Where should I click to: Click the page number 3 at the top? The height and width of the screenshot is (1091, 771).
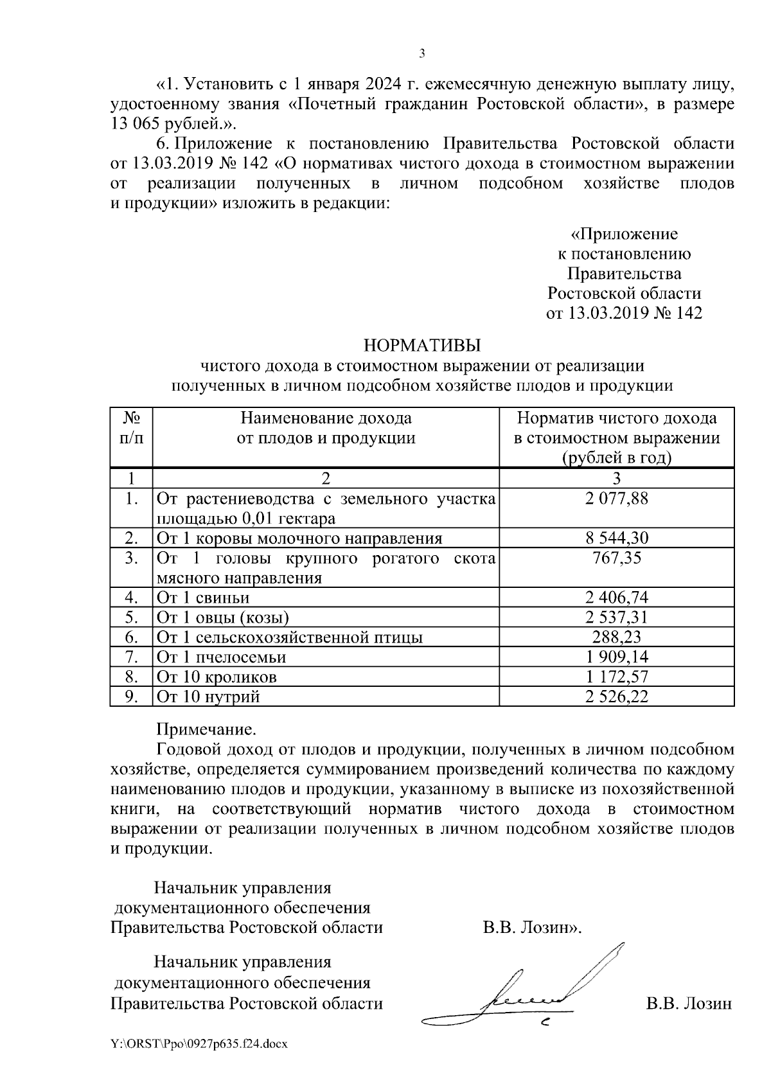coord(421,53)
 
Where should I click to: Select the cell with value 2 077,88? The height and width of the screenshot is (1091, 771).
coord(616,499)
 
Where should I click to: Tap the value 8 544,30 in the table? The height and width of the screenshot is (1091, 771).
coord(616,538)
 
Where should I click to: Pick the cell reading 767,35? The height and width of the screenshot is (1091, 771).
coord(616,558)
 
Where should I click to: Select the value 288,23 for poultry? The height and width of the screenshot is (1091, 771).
coord(616,637)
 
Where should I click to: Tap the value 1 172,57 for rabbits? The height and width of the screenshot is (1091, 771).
coord(616,677)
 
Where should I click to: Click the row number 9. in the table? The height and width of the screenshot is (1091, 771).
coord(131,696)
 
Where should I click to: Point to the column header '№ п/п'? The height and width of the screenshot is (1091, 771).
coord(131,429)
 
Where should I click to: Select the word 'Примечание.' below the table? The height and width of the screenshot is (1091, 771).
coord(206,730)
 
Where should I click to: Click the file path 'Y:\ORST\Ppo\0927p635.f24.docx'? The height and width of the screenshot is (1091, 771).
coord(199,1044)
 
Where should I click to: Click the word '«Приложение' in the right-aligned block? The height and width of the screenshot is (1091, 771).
coord(624,233)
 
